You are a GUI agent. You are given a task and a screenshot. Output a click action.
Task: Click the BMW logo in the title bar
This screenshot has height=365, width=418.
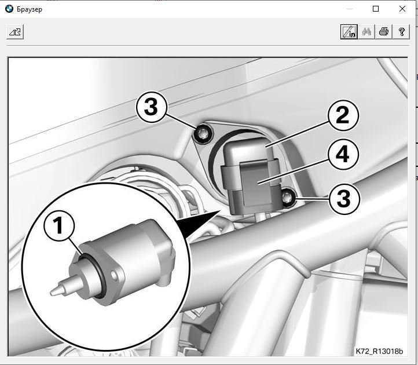9,9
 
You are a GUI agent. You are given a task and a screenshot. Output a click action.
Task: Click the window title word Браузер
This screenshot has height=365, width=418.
30,9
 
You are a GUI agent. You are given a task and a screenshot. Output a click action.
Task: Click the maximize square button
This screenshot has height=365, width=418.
376,9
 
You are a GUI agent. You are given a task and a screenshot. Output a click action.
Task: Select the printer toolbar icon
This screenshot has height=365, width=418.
384,32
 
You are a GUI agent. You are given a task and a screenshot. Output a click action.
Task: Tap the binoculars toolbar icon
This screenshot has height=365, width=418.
366,32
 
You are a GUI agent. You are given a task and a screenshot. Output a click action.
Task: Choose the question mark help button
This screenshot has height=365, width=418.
401,32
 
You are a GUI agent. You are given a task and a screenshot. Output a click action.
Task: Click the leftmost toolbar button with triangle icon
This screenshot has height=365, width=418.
15,32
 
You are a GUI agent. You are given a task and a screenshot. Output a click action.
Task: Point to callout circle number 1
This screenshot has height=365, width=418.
59,225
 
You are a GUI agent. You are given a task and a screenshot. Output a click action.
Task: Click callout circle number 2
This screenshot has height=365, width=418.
343,115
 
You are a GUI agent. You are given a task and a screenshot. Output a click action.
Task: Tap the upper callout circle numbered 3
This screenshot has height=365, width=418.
152,107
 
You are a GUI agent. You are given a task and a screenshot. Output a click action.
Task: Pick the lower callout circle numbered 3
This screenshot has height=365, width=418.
344,199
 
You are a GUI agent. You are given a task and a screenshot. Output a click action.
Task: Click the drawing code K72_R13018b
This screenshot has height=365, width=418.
379,351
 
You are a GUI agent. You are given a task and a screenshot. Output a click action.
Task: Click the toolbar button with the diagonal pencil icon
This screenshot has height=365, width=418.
349,32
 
